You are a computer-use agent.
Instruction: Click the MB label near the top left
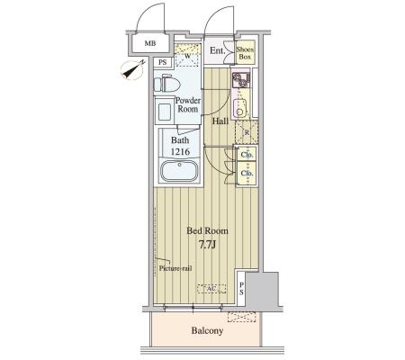[150, 43]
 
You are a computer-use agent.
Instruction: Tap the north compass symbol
[133, 70]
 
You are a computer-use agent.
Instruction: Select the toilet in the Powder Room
[166, 84]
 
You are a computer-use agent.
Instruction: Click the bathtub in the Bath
[179, 171]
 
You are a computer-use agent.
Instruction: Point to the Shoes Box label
[245, 53]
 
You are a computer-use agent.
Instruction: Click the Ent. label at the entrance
[217, 50]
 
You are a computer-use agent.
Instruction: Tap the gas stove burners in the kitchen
[241, 79]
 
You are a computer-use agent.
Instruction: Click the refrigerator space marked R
[247, 132]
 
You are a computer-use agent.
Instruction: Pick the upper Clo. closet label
[247, 155]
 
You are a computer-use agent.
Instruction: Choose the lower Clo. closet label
[247, 173]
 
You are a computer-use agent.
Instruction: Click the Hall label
[220, 121]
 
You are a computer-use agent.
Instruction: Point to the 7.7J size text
[207, 245]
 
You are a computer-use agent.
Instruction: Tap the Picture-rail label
[175, 268]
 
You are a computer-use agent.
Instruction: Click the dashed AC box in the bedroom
[211, 289]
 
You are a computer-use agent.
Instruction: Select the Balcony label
[207, 330]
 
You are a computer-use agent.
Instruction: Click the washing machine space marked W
[187, 56]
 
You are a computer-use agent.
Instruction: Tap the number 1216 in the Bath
[180, 152]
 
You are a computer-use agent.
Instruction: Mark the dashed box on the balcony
[241, 317]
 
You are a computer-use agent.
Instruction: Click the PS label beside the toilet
[162, 63]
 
